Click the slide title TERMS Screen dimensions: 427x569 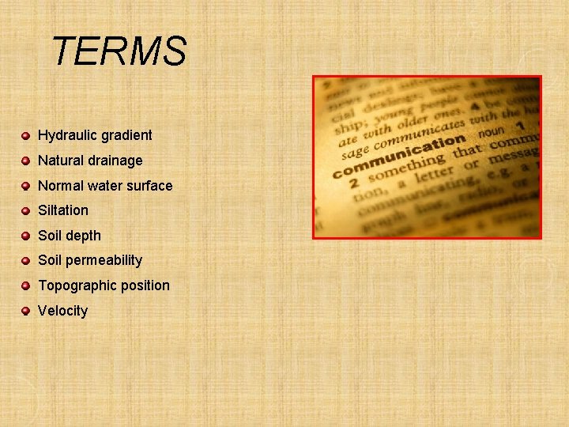tap(119, 52)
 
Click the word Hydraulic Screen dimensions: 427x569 tap(65, 135)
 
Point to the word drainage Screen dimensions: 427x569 tap(116, 161)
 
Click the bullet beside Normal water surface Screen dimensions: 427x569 tap(26, 186)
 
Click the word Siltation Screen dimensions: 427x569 tap(63, 210)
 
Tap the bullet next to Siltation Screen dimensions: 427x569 tap(26, 210)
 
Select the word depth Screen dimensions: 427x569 tap(85, 236)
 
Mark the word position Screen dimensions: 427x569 tap(145, 285)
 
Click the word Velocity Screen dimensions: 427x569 tap(62, 311)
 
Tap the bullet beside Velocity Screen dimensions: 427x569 tap(26, 311)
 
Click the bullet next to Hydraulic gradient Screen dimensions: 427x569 tap(26, 136)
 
